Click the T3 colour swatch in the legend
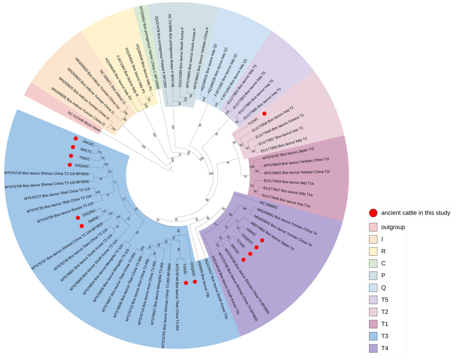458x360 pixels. (x=373, y=336)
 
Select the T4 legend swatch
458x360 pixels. (x=373, y=348)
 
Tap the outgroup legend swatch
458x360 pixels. (x=373, y=227)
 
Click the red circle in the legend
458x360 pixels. (x=373, y=213)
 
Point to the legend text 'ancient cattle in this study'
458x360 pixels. (x=415, y=213)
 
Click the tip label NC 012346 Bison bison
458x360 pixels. (x=84, y=122)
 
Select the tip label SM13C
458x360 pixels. (x=88, y=143)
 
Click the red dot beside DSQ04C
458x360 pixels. (x=70, y=165)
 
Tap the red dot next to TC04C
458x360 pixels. (x=264, y=114)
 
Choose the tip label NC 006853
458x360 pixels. (x=269, y=205)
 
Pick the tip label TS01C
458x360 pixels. (x=85, y=158)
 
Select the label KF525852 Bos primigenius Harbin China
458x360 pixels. (x=149, y=47)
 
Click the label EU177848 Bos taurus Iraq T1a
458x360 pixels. (x=286, y=201)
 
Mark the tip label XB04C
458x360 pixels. (x=251, y=232)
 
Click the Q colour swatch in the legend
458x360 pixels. (x=373, y=288)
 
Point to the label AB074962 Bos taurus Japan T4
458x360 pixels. (x=272, y=236)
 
